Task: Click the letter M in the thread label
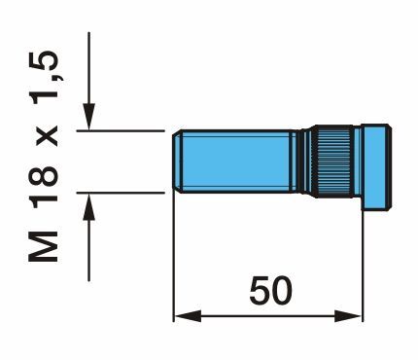[43, 246]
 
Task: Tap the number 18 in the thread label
[43, 186]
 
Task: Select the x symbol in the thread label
[47, 136]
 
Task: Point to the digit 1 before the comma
[44, 99]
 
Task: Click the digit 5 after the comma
[44, 61]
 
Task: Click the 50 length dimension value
[270, 291]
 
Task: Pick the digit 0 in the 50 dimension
[281, 291]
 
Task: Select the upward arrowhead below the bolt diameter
[88, 206]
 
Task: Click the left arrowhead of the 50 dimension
[188, 315]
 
